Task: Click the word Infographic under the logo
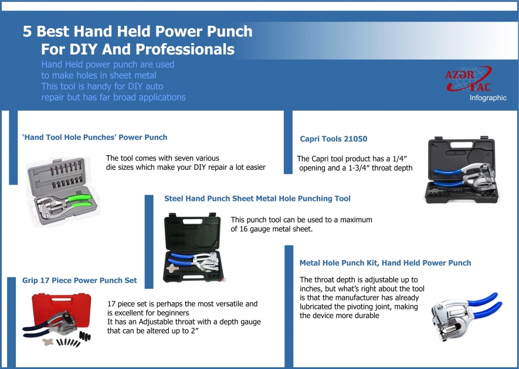point(488,98)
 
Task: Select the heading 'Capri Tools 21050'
point(333,139)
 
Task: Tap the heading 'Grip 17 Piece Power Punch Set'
point(79,280)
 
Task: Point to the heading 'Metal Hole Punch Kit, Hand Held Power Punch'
point(385,263)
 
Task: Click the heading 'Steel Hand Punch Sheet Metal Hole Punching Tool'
point(257,199)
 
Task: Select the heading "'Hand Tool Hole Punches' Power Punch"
point(94,137)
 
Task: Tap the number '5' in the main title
point(27,31)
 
